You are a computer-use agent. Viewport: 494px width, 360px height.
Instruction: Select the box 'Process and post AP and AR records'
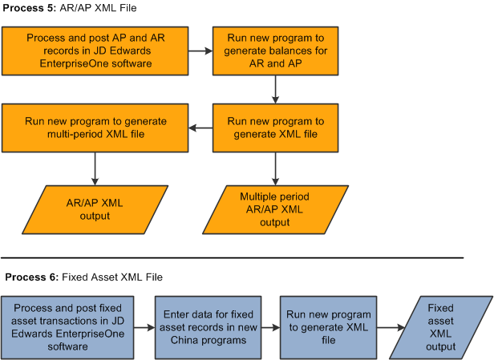95,50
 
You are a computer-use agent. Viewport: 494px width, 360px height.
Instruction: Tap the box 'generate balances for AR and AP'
276,50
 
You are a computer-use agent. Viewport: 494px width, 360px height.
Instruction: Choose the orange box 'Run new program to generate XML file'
276,127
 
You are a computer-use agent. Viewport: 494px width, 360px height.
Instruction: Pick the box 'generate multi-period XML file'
95,127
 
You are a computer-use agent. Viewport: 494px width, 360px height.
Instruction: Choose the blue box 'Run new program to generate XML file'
326,328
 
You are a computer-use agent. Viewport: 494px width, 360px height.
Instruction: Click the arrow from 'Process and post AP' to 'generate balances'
200,50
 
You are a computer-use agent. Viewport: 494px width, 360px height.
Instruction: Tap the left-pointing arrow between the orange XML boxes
200,127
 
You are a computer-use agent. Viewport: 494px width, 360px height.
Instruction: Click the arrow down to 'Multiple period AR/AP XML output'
276,168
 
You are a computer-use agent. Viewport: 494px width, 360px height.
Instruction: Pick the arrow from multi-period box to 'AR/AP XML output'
95,168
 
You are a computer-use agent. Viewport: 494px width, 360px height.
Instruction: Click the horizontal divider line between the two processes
233,257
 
